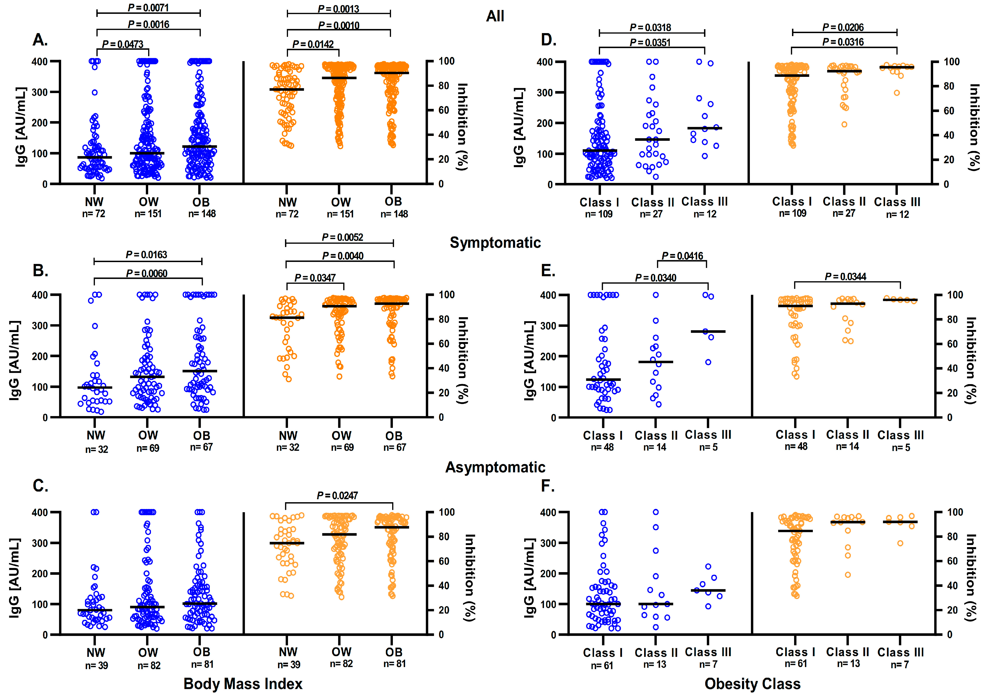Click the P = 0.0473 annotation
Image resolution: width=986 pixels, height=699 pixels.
pos(123,44)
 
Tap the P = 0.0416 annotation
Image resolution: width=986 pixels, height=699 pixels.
pos(682,256)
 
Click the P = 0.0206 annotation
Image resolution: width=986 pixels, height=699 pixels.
pos(843,28)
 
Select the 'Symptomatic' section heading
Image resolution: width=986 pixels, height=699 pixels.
pos(495,243)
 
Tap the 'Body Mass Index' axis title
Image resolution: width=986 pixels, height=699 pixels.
pos(243,683)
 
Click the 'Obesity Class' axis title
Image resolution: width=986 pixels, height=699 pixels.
pos(753,683)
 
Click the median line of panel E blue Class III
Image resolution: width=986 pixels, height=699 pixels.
pos(708,331)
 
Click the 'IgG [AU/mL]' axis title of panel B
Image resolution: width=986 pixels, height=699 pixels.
pos(15,361)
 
